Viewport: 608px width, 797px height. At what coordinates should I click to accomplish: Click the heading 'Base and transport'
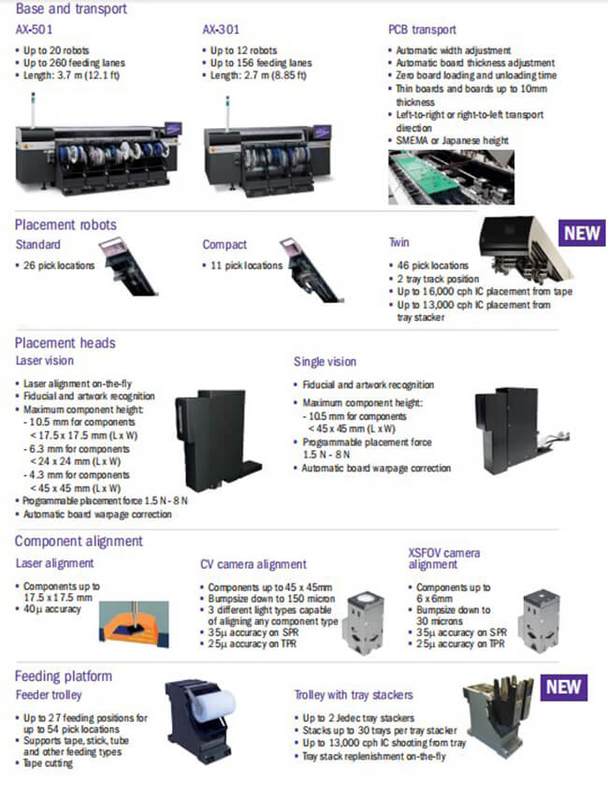(72, 9)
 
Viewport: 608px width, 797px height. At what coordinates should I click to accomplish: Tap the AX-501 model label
(35, 30)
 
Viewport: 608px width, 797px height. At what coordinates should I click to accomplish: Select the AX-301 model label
(221, 30)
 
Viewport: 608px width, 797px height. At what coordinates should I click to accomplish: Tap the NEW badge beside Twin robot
(582, 233)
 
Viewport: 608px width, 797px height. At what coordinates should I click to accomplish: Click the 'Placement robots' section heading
(66, 225)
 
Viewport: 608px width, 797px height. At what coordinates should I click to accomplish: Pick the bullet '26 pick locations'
(58, 266)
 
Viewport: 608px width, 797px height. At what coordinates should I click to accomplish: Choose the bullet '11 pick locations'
(245, 266)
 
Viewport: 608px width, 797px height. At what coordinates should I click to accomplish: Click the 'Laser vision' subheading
(45, 360)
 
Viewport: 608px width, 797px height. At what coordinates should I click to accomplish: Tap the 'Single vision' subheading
(325, 361)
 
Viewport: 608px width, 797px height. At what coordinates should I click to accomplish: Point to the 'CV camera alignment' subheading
(253, 564)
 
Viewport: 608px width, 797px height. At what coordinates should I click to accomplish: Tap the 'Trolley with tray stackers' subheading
(353, 695)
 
